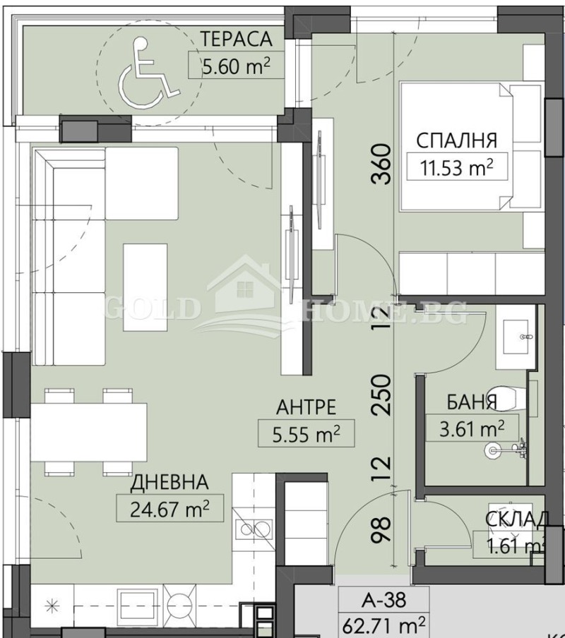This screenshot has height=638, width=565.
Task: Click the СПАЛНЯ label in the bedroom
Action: coord(457,140)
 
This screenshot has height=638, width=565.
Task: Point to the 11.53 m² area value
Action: coord(457,169)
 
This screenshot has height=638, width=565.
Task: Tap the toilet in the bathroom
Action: coord(511,397)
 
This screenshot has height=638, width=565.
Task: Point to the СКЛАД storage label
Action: coord(516,520)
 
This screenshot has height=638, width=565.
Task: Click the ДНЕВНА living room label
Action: coord(169,482)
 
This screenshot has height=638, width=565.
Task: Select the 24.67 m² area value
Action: coord(169,507)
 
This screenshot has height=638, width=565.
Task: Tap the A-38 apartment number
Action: coord(384,601)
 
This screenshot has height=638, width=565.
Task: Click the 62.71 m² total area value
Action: coord(384,625)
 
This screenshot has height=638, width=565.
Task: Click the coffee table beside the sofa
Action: coord(145,287)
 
